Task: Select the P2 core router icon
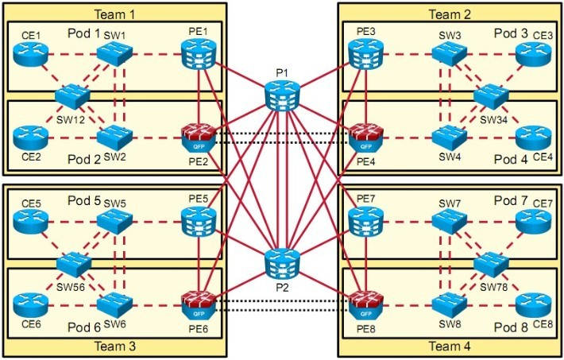pos(282,263)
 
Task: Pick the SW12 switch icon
pos(72,96)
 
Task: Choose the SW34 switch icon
pos(491,96)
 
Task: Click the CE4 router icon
pos(532,137)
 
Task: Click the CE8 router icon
pos(532,304)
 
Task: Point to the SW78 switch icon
pos(491,263)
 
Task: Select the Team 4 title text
pos(450,346)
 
